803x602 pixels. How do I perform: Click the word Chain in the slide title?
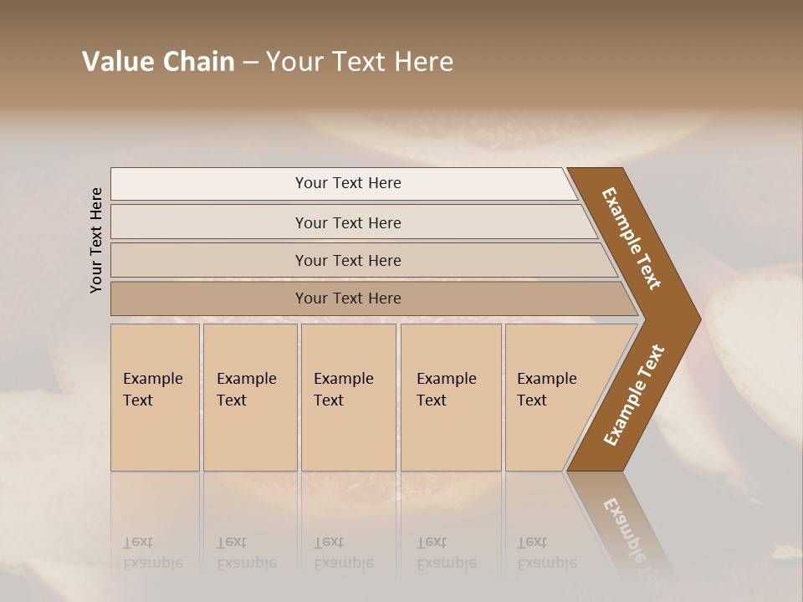(x=197, y=62)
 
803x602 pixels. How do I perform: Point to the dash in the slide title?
(x=249, y=63)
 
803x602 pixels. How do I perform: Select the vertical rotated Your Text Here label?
(x=96, y=240)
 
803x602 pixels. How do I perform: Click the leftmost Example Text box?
(x=155, y=397)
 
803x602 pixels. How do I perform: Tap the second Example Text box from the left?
(x=249, y=397)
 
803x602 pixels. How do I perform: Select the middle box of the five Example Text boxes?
(x=347, y=397)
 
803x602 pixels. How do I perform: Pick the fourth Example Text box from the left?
(x=450, y=397)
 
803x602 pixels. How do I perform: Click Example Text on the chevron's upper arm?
(x=632, y=238)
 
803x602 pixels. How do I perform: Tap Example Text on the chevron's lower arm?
(x=634, y=395)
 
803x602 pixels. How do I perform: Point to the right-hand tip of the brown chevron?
(x=699, y=319)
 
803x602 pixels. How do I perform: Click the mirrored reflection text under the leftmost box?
(x=153, y=553)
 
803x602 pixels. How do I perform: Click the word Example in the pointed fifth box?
(x=547, y=379)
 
